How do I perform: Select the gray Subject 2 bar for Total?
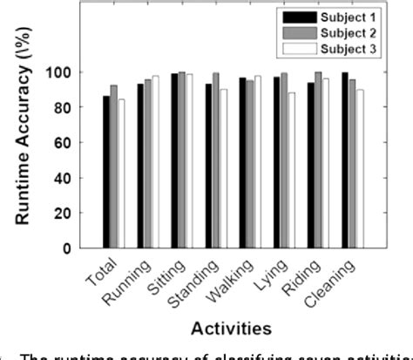click(114, 166)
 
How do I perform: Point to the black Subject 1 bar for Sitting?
click(174, 160)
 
